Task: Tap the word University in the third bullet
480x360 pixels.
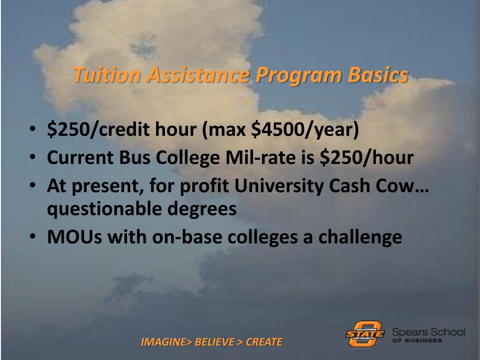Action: point(285,186)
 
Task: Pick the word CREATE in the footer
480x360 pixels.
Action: point(264,342)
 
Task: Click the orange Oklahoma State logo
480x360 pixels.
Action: point(365,333)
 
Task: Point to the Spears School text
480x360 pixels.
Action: point(428,332)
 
